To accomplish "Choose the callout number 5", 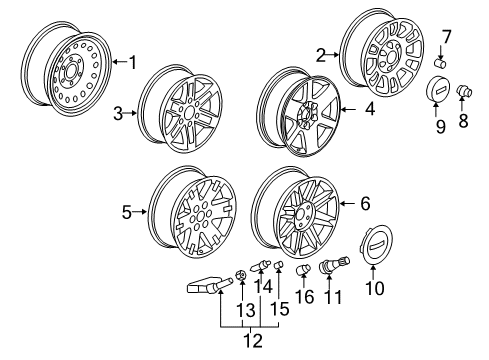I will tap(125, 211).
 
